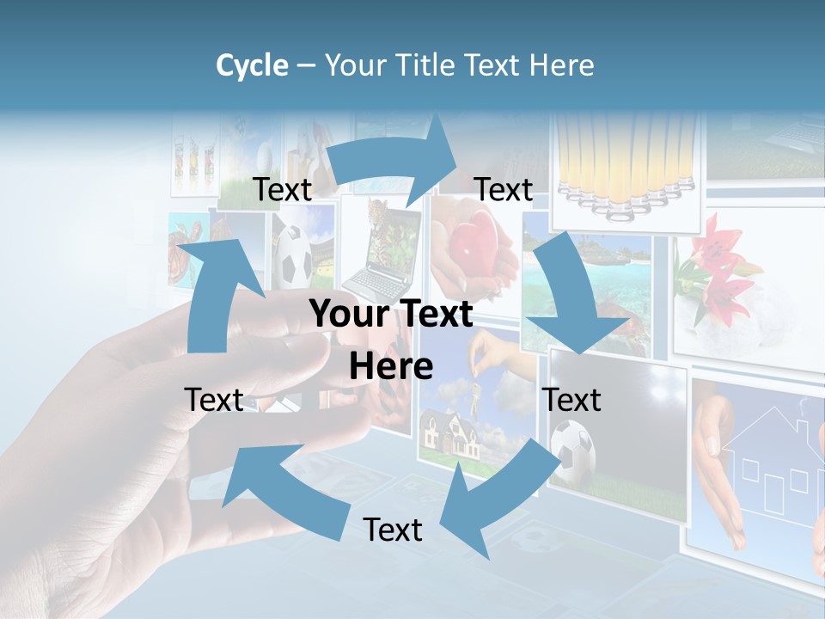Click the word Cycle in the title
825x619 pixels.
[252, 65]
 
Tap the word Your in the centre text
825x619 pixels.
[347, 315]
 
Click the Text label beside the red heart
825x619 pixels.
[504, 189]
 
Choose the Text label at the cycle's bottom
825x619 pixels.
[393, 530]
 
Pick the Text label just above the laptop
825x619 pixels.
[283, 189]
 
